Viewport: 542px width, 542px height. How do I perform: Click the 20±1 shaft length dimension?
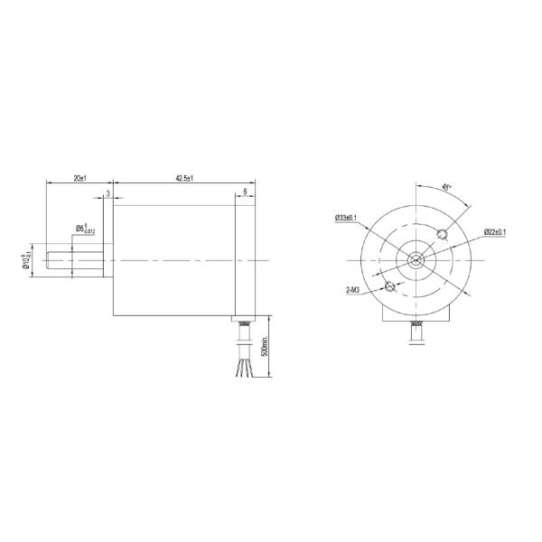tap(79, 178)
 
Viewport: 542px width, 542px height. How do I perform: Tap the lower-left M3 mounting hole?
tap(390, 287)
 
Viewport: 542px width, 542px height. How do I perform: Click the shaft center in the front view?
tap(416, 260)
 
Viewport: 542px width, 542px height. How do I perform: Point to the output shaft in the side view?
tap(77, 260)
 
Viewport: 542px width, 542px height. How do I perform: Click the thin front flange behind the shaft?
tap(108, 260)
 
